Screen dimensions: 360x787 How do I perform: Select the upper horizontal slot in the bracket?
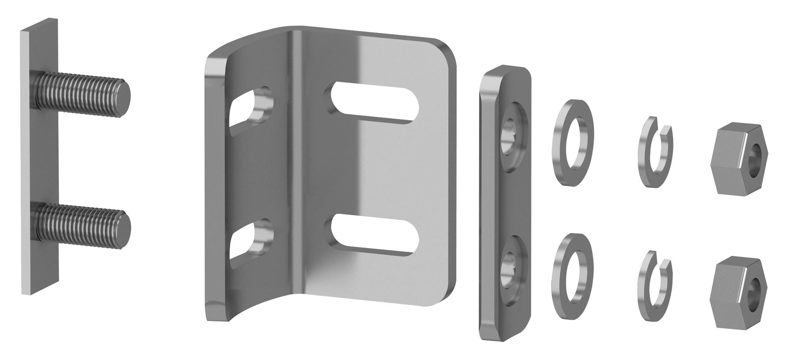tap(374, 103)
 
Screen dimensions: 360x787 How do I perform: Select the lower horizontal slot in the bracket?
tap(374, 235)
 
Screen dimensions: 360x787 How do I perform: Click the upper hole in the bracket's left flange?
tap(252, 108)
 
